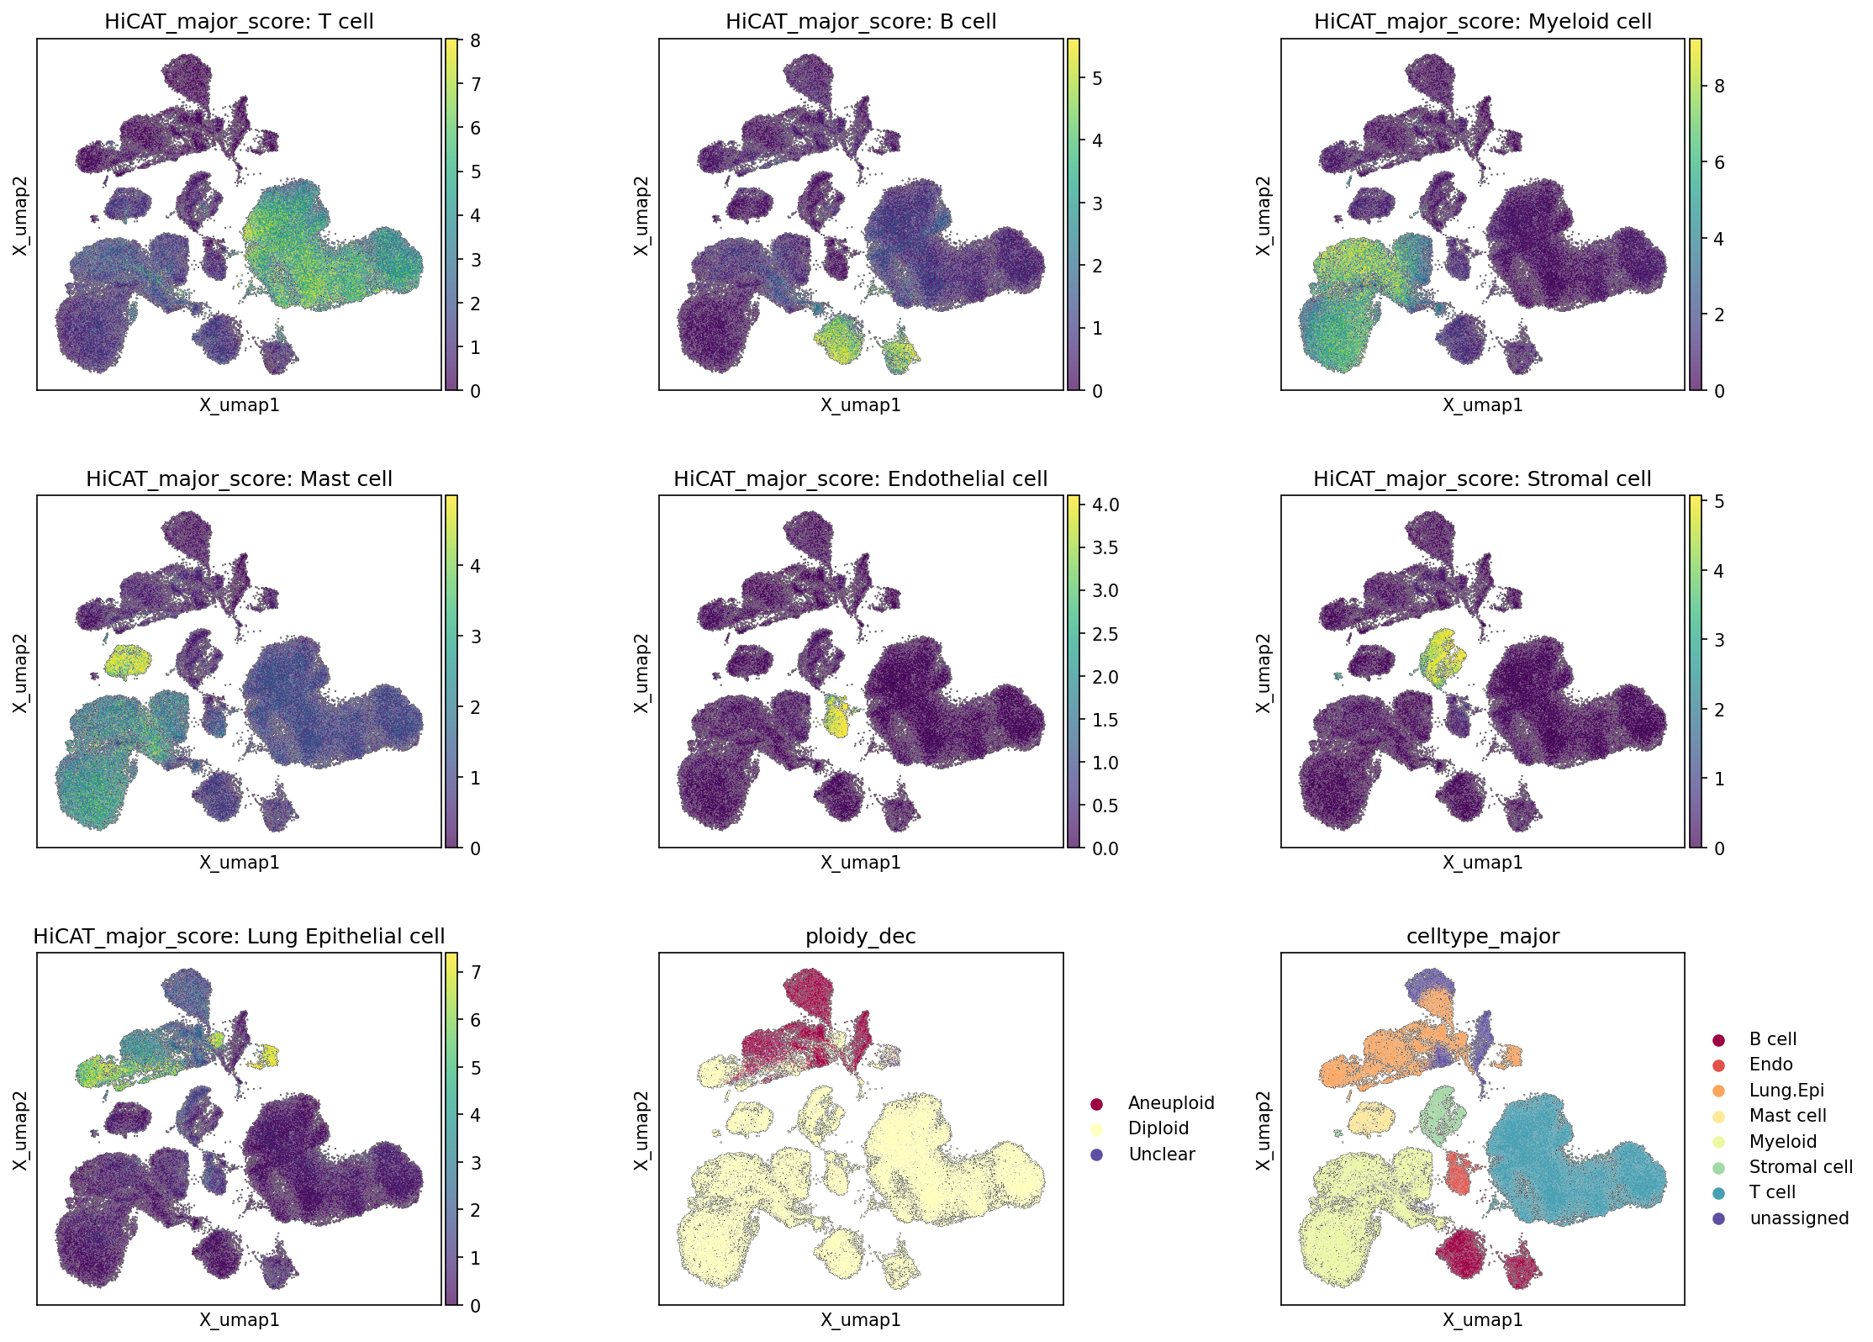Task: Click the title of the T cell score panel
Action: pyautogui.click(x=239, y=22)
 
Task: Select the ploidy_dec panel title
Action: pyautogui.click(x=860, y=937)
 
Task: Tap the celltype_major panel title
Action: pyautogui.click(x=1482, y=937)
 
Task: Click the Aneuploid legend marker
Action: pyautogui.click(x=1096, y=1103)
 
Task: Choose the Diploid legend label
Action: pyautogui.click(x=1158, y=1128)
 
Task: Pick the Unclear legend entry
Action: pyautogui.click(x=1143, y=1154)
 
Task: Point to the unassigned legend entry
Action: pyautogui.click(x=1781, y=1218)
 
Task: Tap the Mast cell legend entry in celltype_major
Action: pyautogui.click(x=1770, y=1116)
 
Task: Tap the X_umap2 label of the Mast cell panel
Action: pyautogui.click(x=20, y=673)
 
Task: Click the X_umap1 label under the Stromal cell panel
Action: pyautogui.click(x=1483, y=862)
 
